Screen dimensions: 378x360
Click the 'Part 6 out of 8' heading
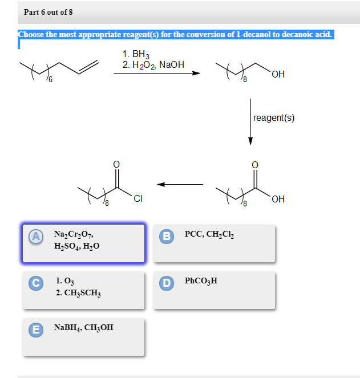tap(48, 12)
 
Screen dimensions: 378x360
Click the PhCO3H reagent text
tap(201, 281)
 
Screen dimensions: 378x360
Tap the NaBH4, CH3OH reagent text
tap(83, 328)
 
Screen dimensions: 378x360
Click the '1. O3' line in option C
tap(66, 281)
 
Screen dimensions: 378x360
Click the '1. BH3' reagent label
tap(135, 54)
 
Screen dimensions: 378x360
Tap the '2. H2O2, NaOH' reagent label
tap(153, 65)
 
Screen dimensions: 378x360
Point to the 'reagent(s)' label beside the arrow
tap(274, 117)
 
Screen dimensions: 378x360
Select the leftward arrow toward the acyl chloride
tap(180, 184)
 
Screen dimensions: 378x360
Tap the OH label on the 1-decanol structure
tap(278, 75)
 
